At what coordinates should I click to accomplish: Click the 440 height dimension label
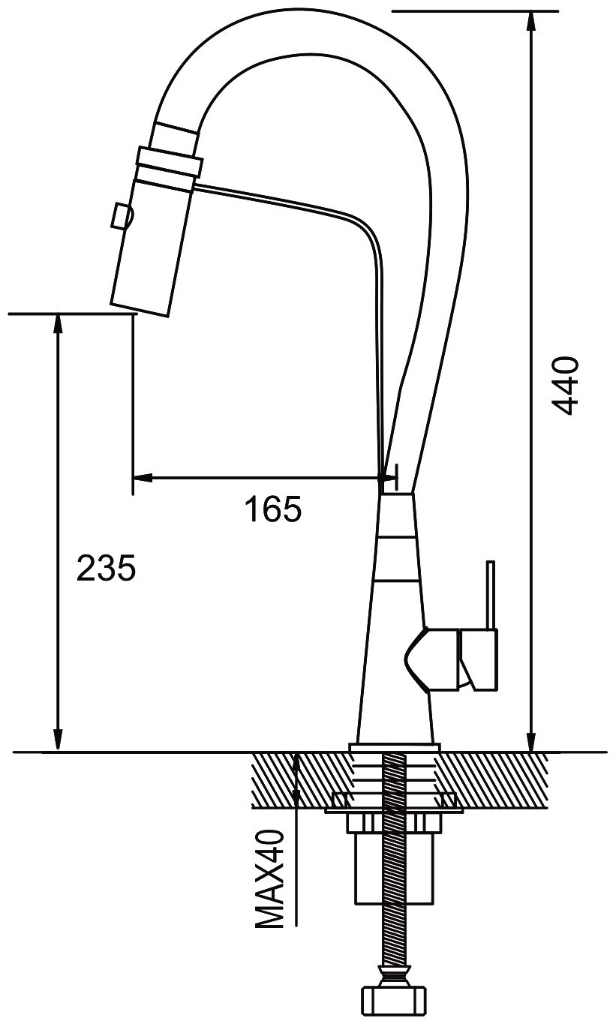pos(565,386)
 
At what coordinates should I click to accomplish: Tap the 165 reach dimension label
pos(273,509)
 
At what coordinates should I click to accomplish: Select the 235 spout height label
pos(106,568)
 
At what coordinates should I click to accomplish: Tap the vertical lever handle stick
pos(490,596)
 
